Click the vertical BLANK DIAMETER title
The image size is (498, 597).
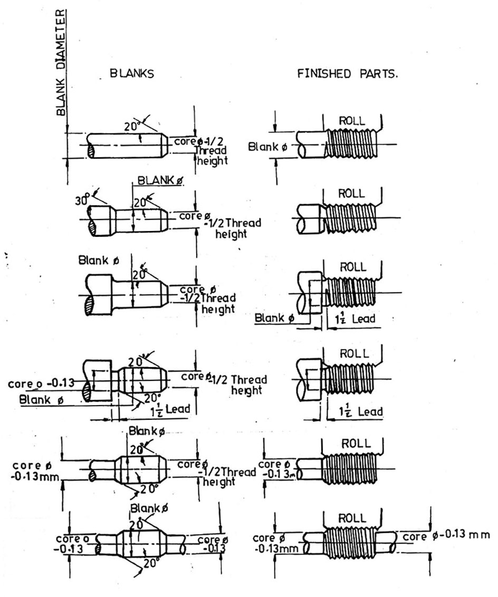[x=62, y=62]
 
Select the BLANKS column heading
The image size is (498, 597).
[x=132, y=74]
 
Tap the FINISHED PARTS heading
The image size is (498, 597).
[x=348, y=74]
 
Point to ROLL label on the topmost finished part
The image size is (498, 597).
[x=351, y=121]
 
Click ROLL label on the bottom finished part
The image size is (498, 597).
[x=351, y=518]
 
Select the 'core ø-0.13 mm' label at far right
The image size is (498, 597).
[x=446, y=536]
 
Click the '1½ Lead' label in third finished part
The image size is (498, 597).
[x=355, y=319]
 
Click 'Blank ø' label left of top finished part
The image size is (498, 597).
[x=267, y=147]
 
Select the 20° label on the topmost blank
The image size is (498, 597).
[x=130, y=127]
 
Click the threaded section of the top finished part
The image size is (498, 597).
[x=349, y=144]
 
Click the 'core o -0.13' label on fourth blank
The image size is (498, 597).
[x=40, y=383]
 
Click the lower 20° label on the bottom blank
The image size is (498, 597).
[x=150, y=577]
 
